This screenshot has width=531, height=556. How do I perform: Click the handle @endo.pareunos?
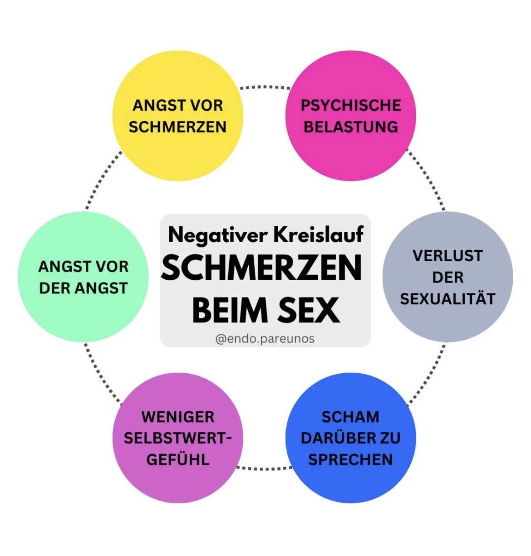point(265,339)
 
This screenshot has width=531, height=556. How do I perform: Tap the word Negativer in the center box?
point(217,235)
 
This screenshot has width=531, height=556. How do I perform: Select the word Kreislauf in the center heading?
point(319,235)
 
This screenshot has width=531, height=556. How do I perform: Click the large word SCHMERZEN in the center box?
point(262,268)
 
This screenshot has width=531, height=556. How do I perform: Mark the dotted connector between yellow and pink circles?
point(265,87)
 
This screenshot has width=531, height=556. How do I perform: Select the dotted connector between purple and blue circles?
point(265,468)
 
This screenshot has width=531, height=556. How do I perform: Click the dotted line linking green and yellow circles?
point(102,181)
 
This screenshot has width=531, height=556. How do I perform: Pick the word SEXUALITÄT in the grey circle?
point(447,299)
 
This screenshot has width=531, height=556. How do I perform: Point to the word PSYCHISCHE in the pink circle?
point(351,105)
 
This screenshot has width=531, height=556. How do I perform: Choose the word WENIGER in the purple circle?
point(178,417)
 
